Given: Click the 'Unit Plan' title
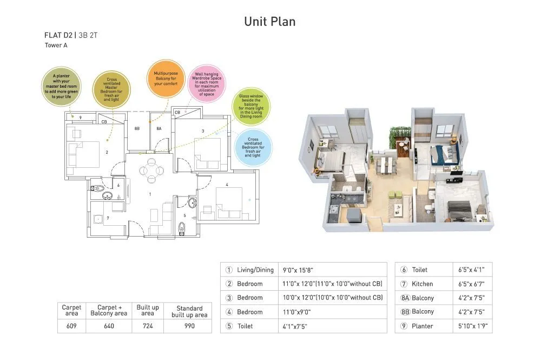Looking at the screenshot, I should tap(269, 22).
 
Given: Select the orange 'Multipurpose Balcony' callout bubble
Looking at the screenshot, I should tap(166, 78).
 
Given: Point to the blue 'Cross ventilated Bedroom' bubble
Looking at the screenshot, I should tap(253, 147).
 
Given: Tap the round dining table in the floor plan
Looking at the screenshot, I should tap(151, 171).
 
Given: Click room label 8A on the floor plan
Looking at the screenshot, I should tap(159, 129).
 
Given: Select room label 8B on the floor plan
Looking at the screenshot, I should tap(137, 129).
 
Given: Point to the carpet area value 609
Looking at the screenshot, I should tap(71, 326).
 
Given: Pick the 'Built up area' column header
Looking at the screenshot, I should tap(147, 310).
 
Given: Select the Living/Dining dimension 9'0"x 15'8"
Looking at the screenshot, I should tap(298, 270).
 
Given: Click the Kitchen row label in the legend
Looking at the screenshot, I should tap(422, 284).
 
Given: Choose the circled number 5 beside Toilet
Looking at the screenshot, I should tap(229, 326).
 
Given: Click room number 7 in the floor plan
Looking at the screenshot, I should tap(108, 218).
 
